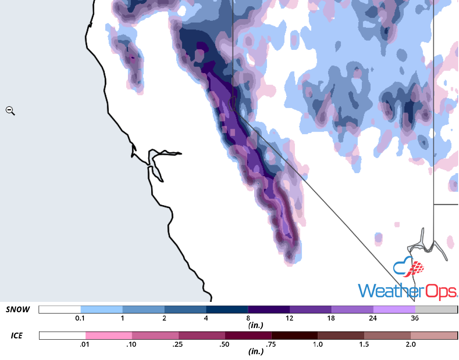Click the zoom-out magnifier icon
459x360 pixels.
tap(10, 110)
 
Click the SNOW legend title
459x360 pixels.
tap(18, 309)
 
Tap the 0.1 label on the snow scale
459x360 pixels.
tap(81, 318)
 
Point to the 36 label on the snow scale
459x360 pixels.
tap(415, 318)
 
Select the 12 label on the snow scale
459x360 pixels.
tap(290, 318)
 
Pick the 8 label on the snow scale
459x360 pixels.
tap(248, 318)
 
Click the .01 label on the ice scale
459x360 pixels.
tap(86, 344)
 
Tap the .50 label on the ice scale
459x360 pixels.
tap(225, 344)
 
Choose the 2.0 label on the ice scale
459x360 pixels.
tap(410, 344)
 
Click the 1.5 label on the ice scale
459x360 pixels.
tap(364, 344)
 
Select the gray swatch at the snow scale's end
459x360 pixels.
tap(436, 310)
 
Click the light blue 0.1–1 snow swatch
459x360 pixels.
tap(101, 310)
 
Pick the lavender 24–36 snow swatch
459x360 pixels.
tap(394, 310)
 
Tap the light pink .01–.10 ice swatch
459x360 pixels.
tap(109, 336)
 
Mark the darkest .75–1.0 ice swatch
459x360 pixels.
tap(295, 336)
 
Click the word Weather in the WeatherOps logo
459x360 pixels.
tap(384, 291)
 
